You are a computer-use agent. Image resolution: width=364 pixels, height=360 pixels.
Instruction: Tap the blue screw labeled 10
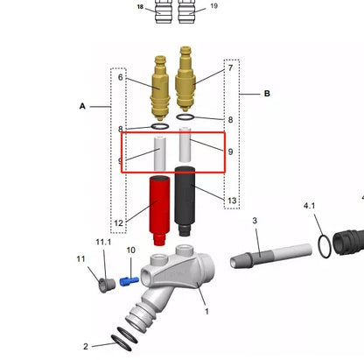pos(129,281)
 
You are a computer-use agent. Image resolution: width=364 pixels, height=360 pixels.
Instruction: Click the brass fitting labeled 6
pos(160,88)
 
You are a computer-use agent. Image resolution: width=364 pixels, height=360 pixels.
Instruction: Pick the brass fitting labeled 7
pos(185,79)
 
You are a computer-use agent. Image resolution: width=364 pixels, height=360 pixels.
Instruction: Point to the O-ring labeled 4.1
pos(325,247)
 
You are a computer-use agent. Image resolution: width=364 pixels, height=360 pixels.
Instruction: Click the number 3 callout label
pos(255,221)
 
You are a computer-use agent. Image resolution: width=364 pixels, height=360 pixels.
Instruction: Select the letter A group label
pos(82,106)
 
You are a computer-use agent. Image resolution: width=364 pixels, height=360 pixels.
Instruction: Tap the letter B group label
pos(267,94)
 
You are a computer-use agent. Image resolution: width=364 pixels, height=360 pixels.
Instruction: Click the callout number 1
pos(206,312)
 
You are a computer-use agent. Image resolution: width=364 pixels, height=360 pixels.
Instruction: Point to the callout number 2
pos(86,346)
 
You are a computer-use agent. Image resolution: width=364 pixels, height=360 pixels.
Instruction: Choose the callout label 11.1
pos(103,242)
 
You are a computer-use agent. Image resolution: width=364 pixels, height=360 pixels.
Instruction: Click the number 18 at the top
pos(140,6)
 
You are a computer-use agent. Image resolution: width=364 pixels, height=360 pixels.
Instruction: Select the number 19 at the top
pos(213,6)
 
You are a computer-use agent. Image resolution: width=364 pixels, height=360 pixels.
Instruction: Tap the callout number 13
pos(232,201)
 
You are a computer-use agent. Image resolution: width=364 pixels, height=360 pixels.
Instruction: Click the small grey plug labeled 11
pos(107,285)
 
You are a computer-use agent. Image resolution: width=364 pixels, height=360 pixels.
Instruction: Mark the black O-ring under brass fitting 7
pos(185,117)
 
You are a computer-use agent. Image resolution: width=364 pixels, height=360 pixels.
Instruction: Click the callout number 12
pos(119,223)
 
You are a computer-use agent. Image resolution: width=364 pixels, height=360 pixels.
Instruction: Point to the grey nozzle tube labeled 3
pos(271,257)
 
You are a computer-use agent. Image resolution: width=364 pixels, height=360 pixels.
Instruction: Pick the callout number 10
pos(131,251)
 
